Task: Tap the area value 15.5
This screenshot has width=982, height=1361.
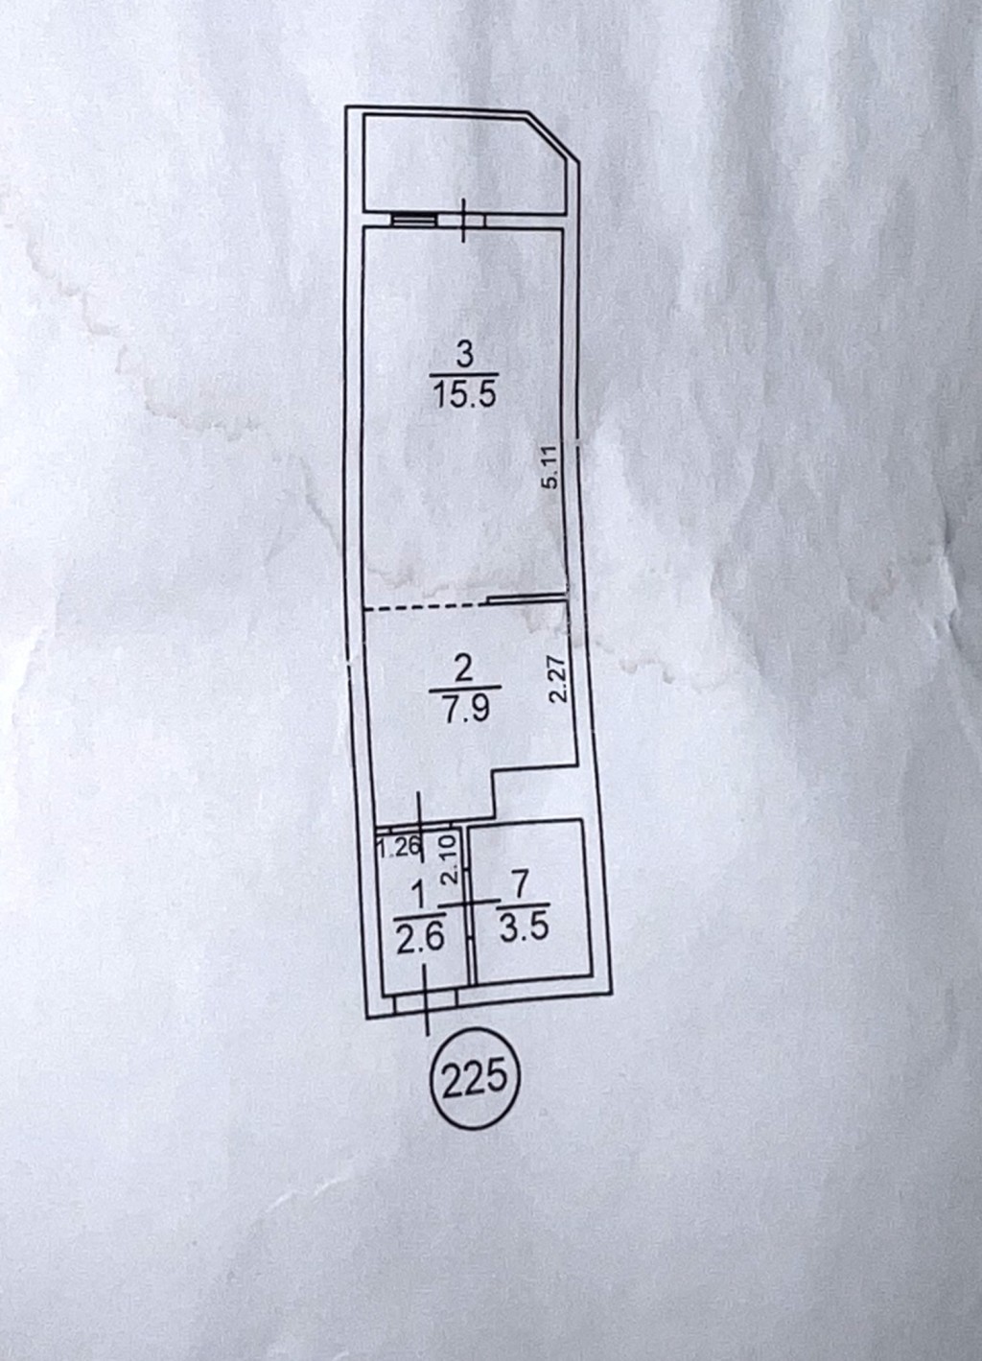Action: click(x=465, y=394)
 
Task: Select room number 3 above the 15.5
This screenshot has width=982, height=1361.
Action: click(x=464, y=357)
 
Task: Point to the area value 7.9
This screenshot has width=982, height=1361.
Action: click(x=467, y=708)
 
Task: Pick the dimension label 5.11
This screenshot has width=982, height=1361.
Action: click(x=550, y=467)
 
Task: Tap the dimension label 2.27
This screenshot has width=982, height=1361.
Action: click(x=558, y=681)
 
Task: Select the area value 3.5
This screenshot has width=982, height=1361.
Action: click(x=525, y=927)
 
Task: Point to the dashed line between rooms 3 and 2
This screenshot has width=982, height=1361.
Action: click(x=426, y=607)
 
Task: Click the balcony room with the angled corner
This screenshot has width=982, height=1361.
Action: click(x=465, y=164)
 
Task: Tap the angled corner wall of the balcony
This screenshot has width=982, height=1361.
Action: click(x=549, y=137)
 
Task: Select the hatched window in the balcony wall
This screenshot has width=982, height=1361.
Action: click(x=413, y=220)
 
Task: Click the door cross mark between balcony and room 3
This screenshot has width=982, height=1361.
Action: click(x=464, y=220)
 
